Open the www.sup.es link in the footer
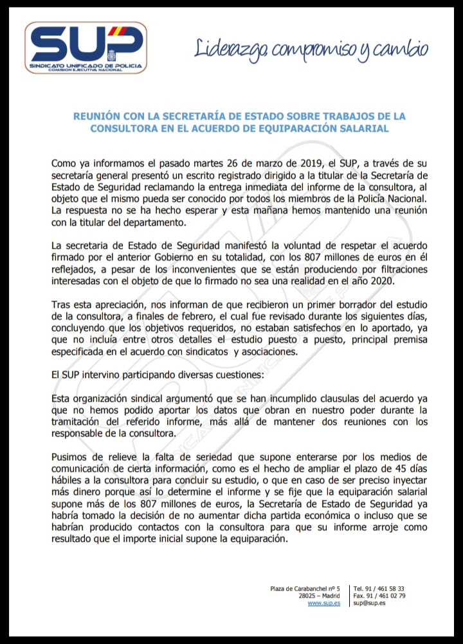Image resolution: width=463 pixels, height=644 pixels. point(324,604)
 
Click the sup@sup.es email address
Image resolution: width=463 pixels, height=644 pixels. point(369,604)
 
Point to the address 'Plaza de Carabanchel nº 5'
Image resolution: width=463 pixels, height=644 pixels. point(305,588)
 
